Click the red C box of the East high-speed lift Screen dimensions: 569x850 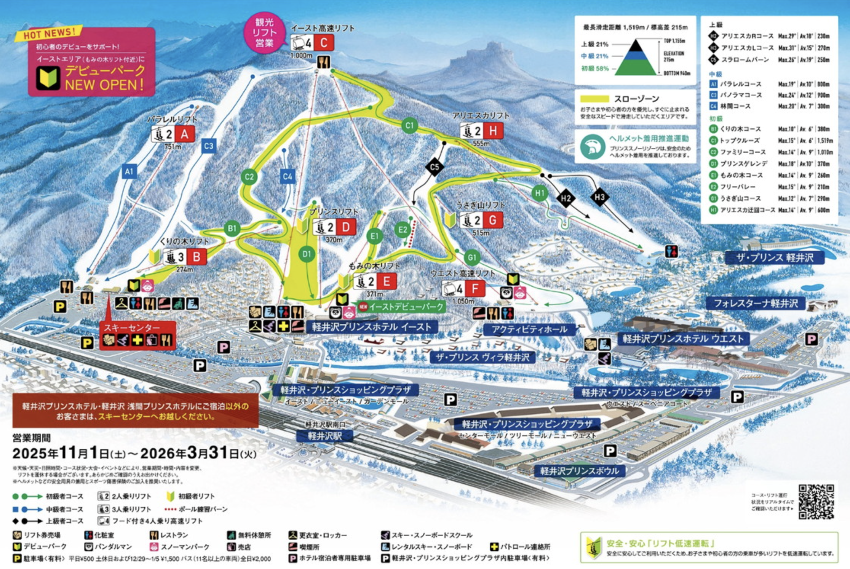point(323,43)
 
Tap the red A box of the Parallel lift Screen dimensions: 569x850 point(184,134)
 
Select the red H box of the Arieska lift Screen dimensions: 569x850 point(493,131)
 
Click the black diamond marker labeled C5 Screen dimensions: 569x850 point(434,167)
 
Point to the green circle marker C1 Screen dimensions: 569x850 point(409,125)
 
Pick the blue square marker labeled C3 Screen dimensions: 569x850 point(208,146)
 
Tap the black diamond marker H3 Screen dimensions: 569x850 point(599,197)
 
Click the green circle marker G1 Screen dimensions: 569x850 point(472,257)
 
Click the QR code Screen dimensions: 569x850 point(816,501)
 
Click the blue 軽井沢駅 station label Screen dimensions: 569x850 point(325,436)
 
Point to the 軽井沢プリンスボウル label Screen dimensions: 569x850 point(579,471)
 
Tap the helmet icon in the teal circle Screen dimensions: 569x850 point(593,146)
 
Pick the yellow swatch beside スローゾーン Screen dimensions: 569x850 point(594,99)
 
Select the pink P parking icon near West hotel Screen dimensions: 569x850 point(812,339)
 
